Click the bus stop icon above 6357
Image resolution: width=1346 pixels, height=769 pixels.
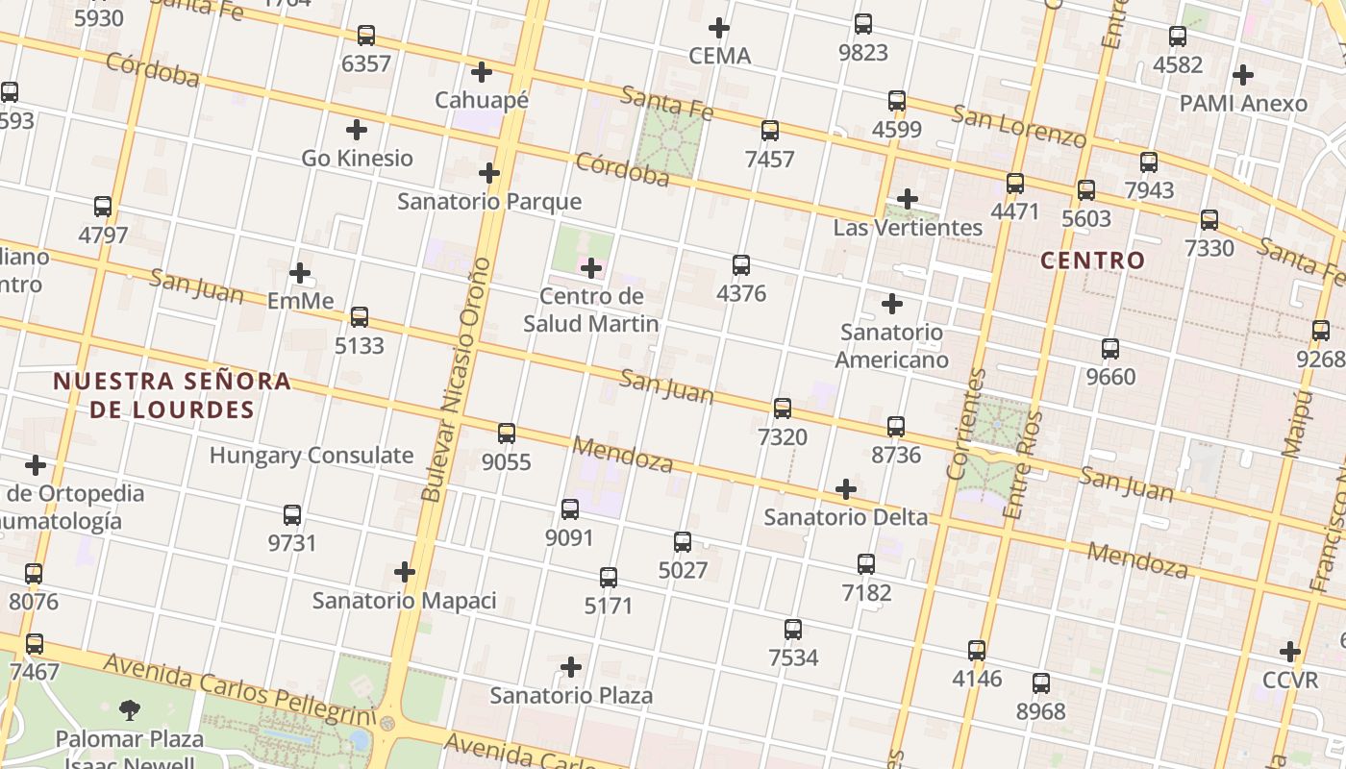[x=366, y=36]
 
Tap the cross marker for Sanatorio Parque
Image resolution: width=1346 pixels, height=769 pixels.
[x=489, y=173]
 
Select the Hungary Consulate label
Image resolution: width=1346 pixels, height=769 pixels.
[x=312, y=455]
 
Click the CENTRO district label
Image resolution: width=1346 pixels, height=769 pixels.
[x=1093, y=260]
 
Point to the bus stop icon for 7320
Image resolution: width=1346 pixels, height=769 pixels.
[x=783, y=409]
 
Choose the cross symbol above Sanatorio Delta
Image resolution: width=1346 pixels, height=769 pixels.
[x=846, y=489]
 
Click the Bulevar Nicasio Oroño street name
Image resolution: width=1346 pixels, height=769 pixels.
[x=458, y=380]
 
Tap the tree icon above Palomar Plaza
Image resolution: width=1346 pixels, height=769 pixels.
[x=130, y=710]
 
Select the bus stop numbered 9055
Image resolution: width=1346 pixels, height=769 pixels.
[x=507, y=434]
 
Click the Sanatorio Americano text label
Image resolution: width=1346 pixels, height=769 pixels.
[x=891, y=346]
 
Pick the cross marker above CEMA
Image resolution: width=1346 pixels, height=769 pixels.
[x=718, y=27]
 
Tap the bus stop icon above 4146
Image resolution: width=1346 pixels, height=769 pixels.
[x=977, y=651]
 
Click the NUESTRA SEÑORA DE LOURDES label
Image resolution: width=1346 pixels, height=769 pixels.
[x=172, y=395]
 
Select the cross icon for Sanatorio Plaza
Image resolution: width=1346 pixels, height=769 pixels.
[x=571, y=667]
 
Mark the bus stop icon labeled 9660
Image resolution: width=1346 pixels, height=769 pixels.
[x=1110, y=349]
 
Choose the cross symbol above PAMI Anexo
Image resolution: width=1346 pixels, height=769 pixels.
[x=1243, y=74]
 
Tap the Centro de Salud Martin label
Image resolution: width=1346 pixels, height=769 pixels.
[x=591, y=310]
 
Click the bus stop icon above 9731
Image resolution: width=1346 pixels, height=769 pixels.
[x=292, y=515]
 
